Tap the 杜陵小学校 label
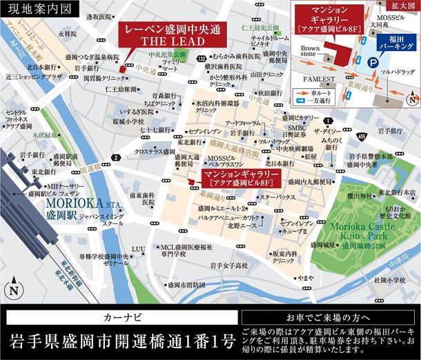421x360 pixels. coord(391,280)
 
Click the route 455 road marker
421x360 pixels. coord(362,137)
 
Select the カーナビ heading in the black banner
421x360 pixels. coord(121,319)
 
